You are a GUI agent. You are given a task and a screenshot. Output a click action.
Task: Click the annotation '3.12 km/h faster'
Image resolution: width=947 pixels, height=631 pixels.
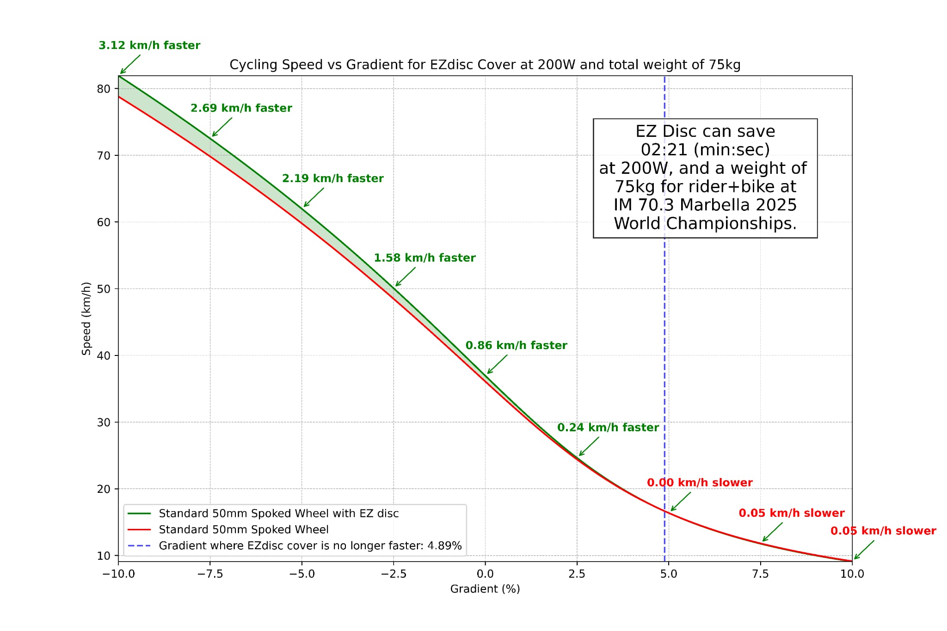[149, 45]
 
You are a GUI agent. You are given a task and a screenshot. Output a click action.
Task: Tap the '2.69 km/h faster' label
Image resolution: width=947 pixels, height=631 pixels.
[241, 108]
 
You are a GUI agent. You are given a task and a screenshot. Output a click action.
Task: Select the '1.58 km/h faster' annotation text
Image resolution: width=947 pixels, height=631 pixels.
[424, 258]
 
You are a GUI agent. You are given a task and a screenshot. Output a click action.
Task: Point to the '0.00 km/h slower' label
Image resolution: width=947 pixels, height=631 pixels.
[700, 483]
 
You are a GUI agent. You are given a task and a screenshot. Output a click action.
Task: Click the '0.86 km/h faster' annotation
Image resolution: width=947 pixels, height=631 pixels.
[516, 345]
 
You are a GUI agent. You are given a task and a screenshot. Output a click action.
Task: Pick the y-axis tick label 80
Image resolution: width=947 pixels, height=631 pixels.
[104, 89]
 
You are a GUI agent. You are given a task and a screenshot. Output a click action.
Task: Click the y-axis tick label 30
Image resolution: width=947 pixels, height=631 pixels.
[104, 423]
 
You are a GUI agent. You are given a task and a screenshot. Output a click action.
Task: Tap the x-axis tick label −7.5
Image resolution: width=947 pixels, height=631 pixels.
[210, 574]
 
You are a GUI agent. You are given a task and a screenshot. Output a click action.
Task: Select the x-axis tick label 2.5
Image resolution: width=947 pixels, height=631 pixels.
[577, 574]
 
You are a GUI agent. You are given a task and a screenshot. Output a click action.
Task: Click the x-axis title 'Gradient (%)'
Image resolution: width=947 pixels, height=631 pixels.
[485, 589]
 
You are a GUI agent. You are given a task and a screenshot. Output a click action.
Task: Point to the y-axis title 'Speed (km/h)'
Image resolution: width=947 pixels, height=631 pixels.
[86, 319]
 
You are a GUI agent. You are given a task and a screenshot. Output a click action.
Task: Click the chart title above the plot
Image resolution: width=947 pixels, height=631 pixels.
[485, 65]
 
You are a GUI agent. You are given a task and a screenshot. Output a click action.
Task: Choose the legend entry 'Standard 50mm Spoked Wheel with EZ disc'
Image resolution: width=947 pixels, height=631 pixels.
[278, 514]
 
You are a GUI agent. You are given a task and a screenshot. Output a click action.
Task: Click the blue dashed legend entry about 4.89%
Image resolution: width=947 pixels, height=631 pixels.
[310, 546]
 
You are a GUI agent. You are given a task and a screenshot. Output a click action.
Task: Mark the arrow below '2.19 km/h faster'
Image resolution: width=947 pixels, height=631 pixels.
[314, 197]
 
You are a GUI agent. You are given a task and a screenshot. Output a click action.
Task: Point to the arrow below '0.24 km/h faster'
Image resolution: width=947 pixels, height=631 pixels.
[589, 447]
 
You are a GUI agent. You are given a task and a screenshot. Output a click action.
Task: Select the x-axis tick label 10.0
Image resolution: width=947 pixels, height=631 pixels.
[852, 574]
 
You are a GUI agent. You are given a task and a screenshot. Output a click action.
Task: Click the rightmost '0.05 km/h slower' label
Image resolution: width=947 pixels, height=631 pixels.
[883, 531]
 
